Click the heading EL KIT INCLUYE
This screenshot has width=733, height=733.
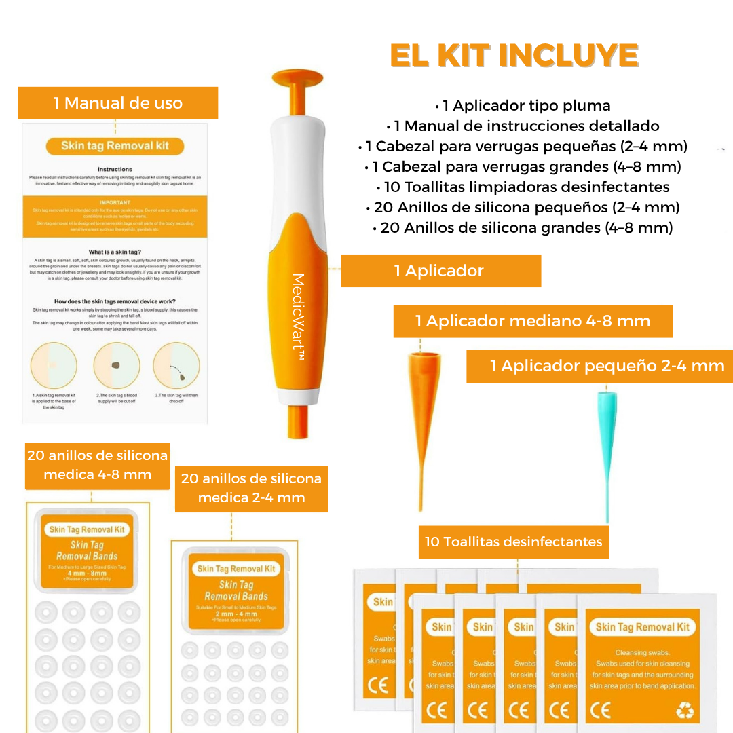[x=514, y=56]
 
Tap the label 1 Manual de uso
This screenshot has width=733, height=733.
[x=118, y=103]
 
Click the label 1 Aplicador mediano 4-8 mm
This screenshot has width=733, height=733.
[x=533, y=321]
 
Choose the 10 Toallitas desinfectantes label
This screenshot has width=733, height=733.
[x=513, y=542]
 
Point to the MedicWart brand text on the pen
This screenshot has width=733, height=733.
[x=297, y=316]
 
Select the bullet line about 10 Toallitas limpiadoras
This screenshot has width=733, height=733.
[x=523, y=187]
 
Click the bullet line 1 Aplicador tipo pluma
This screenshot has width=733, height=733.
[x=523, y=106]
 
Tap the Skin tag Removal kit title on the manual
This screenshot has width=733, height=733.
[x=115, y=146]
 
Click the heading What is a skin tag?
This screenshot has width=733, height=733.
[x=115, y=252]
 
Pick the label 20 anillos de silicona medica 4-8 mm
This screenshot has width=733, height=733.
[x=98, y=465]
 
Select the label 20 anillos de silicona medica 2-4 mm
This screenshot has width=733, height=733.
[x=251, y=488]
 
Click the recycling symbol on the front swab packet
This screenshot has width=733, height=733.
[x=685, y=710]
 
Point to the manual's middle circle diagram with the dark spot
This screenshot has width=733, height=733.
[x=116, y=365]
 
